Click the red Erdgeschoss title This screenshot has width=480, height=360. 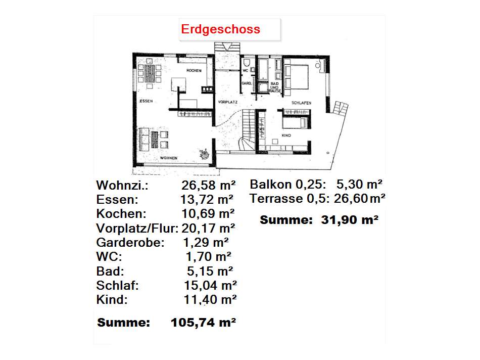[221, 29]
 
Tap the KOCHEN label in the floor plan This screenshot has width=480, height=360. [194, 70]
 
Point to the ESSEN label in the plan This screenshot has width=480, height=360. [146, 101]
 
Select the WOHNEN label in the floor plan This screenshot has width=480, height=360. [169, 158]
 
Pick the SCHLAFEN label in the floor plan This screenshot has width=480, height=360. [301, 103]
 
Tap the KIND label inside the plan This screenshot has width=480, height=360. [286, 136]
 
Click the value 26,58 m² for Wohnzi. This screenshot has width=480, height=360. [207, 185]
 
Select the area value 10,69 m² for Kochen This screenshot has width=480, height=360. [207, 213]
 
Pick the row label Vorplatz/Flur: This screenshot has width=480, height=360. [137, 228]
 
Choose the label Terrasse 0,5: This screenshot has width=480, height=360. [289, 199]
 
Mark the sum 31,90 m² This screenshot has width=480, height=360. [350, 220]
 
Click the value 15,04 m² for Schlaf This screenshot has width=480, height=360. [210, 285]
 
